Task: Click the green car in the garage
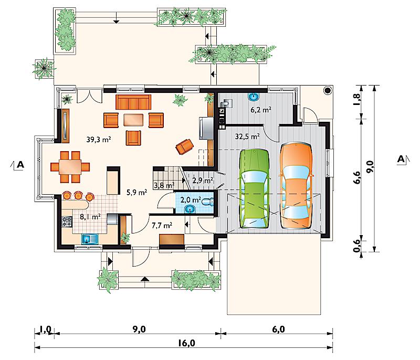(x=254, y=189)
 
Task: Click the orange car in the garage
(x=296, y=186)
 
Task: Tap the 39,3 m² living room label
(x=99, y=140)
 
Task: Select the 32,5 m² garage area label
(x=247, y=136)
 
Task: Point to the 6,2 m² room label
(x=261, y=110)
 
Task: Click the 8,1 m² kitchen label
(x=90, y=217)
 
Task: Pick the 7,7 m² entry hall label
(x=162, y=226)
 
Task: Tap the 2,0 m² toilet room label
(x=191, y=199)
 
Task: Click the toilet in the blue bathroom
(x=207, y=202)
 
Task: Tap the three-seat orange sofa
(x=133, y=102)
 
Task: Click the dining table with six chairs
(x=70, y=167)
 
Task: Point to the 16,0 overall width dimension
(x=186, y=343)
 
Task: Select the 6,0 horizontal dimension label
(x=278, y=329)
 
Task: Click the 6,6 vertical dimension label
(x=357, y=177)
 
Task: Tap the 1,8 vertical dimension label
(x=357, y=99)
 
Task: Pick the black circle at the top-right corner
(x=328, y=90)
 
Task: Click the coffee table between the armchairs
(x=133, y=120)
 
